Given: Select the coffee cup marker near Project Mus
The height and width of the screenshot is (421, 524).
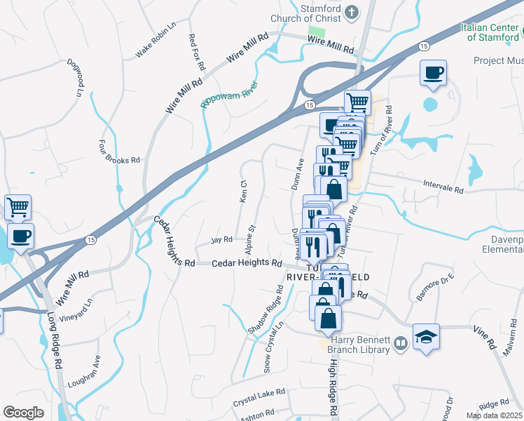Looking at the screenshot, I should [x=433, y=72].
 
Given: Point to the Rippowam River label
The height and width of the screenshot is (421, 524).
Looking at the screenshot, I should [x=229, y=94].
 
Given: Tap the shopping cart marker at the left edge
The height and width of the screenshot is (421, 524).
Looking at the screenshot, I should [x=18, y=208].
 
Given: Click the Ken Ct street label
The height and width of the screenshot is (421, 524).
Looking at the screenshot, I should [x=244, y=191].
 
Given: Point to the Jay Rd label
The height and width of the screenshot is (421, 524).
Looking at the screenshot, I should [x=221, y=240].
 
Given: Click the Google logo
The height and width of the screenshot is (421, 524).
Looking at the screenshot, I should [x=23, y=413].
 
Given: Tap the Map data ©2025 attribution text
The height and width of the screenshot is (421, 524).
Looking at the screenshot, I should [x=494, y=415].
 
